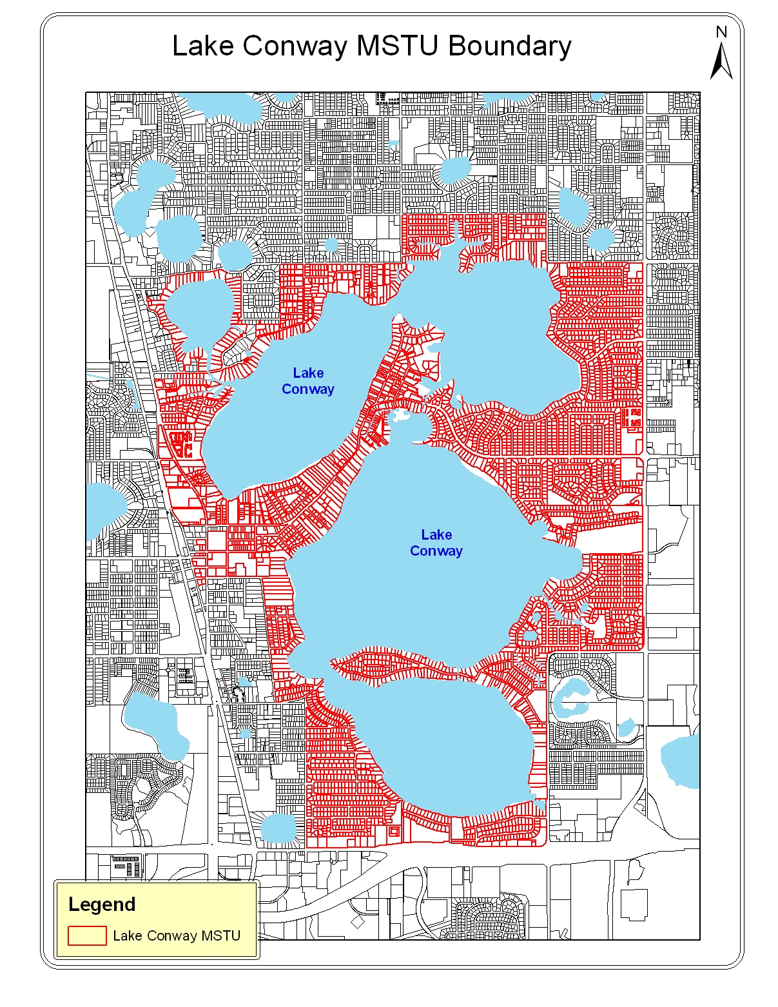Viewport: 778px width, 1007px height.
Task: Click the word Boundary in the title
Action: pos(509,46)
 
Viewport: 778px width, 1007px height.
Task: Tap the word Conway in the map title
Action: pos(295,46)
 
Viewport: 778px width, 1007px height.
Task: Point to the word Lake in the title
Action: pos(204,46)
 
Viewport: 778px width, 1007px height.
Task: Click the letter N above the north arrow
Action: pos(721,32)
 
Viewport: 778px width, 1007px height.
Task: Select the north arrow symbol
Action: pos(721,61)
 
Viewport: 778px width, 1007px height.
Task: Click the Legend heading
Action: pos(102,904)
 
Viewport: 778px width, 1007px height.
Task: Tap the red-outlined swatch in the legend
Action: pos(87,935)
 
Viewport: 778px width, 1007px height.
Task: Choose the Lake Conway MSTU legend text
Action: pos(176,935)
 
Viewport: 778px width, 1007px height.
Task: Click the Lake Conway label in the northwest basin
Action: pos(308,381)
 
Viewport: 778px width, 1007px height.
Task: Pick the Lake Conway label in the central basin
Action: pos(436,543)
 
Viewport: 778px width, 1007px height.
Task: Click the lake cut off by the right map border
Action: pos(681,761)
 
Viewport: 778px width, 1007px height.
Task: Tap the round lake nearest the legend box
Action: pos(278,828)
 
